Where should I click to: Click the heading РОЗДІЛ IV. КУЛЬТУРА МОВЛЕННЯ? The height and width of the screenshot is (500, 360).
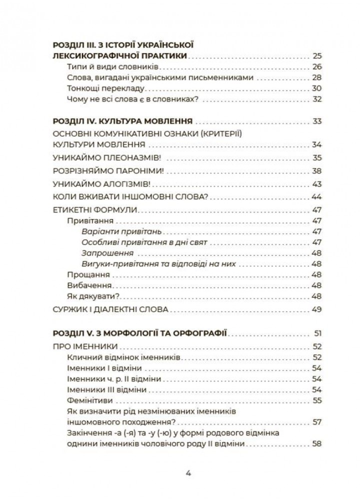click(x=123, y=121)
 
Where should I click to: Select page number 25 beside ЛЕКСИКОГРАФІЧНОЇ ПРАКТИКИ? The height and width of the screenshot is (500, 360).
click(x=317, y=55)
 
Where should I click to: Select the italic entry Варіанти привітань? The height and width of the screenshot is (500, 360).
click(x=113, y=231)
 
